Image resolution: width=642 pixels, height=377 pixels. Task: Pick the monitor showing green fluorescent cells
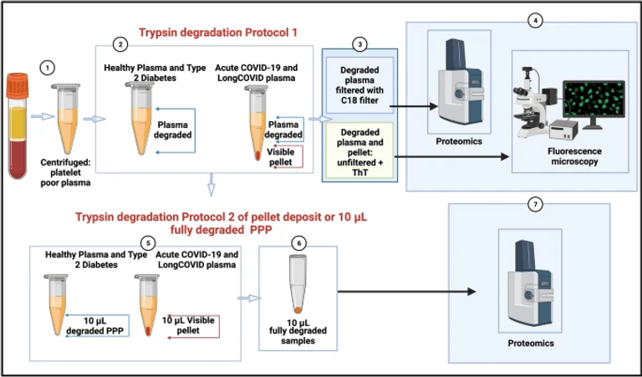[x=593, y=105]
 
